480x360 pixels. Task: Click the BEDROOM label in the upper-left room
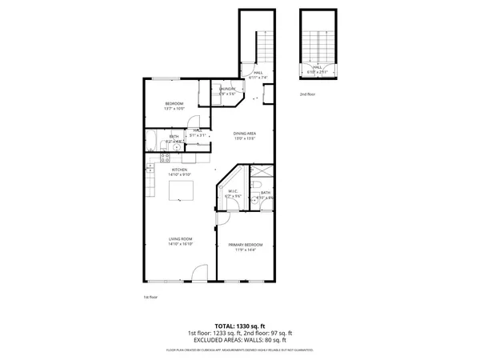pyautogui.click(x=174, y=104)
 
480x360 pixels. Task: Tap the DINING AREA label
pyautogui.click(x=244, y=134)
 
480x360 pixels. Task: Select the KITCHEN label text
pyautogui.click(x=179, y=170)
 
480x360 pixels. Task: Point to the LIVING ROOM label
pyautogui.click(x=179, y=239)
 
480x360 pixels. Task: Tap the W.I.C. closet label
pyautogui.click(x=234, y=192)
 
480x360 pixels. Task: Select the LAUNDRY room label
pyautogui.click(x=226, y=90)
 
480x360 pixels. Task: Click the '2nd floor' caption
pyautogui.click(x=308, y=94)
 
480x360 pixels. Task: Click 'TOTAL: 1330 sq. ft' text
pyautogui.click(x=239, y=326)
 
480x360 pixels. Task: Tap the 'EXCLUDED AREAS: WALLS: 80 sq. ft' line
pyautogui.click(x=239, y=339)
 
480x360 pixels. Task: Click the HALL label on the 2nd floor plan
pyautogui.click(x=317, y=68)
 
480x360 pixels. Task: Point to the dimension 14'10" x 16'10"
pyautogui.click(x=179, y=244)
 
